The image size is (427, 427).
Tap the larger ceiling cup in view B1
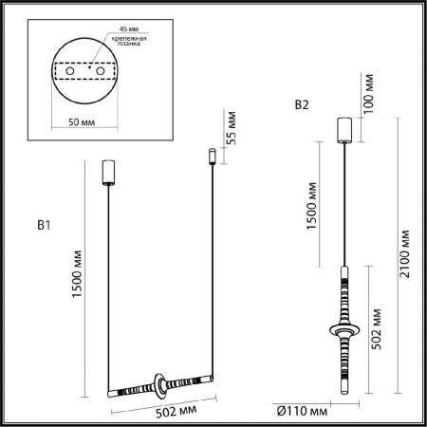click(109, 173)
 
